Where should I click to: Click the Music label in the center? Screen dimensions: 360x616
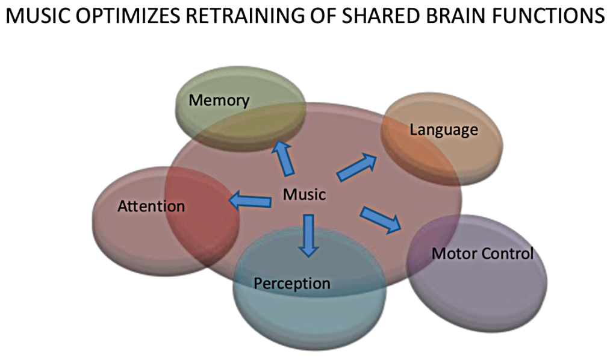pos(305,194)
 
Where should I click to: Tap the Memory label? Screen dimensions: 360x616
pos(219,100)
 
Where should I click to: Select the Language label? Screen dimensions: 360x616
pos(444,129)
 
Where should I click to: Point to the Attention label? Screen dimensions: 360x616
pos(151,206)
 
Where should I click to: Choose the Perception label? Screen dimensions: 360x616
pos(292,283)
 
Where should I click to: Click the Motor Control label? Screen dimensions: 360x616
pos(482,253)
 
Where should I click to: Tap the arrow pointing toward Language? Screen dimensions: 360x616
pos(356,167)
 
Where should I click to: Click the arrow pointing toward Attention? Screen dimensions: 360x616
pos(249,200)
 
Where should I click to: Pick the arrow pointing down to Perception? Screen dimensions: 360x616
pos(308,234)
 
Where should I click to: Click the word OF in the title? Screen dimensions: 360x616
pos(318,16)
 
